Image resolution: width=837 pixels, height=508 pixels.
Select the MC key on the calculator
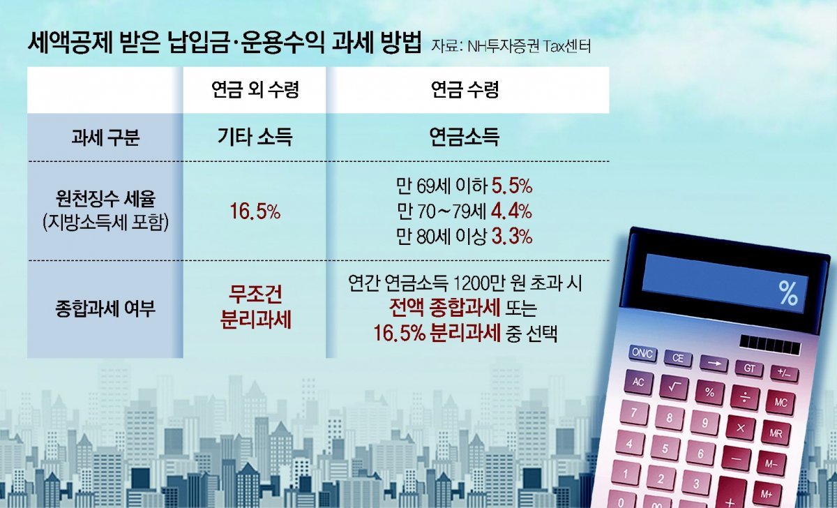pos(781,403)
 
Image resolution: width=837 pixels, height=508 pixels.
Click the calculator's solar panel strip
pos(767,344)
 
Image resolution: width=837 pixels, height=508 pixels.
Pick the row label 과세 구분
pos(105,137)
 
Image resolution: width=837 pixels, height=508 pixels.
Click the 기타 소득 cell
pos(255,137)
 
